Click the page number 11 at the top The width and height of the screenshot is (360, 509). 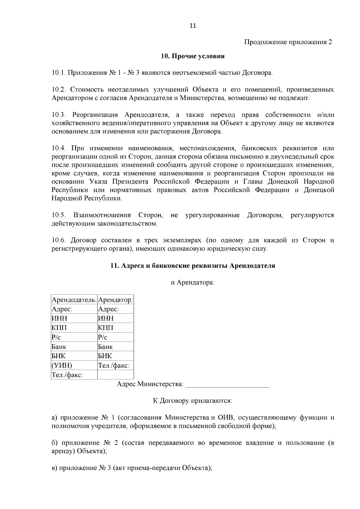pos(193,26)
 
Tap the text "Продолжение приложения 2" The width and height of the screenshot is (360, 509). pos(288,42)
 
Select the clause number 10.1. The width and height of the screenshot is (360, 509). pos(58,73)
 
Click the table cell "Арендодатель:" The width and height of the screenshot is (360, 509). pos(74,300)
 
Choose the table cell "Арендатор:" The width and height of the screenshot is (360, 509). pos(115,300)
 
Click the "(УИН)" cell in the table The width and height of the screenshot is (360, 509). pos(62,365)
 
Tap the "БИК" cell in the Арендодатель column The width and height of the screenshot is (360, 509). pos(59,356)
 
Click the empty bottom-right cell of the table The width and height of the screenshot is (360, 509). pos(115,375)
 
